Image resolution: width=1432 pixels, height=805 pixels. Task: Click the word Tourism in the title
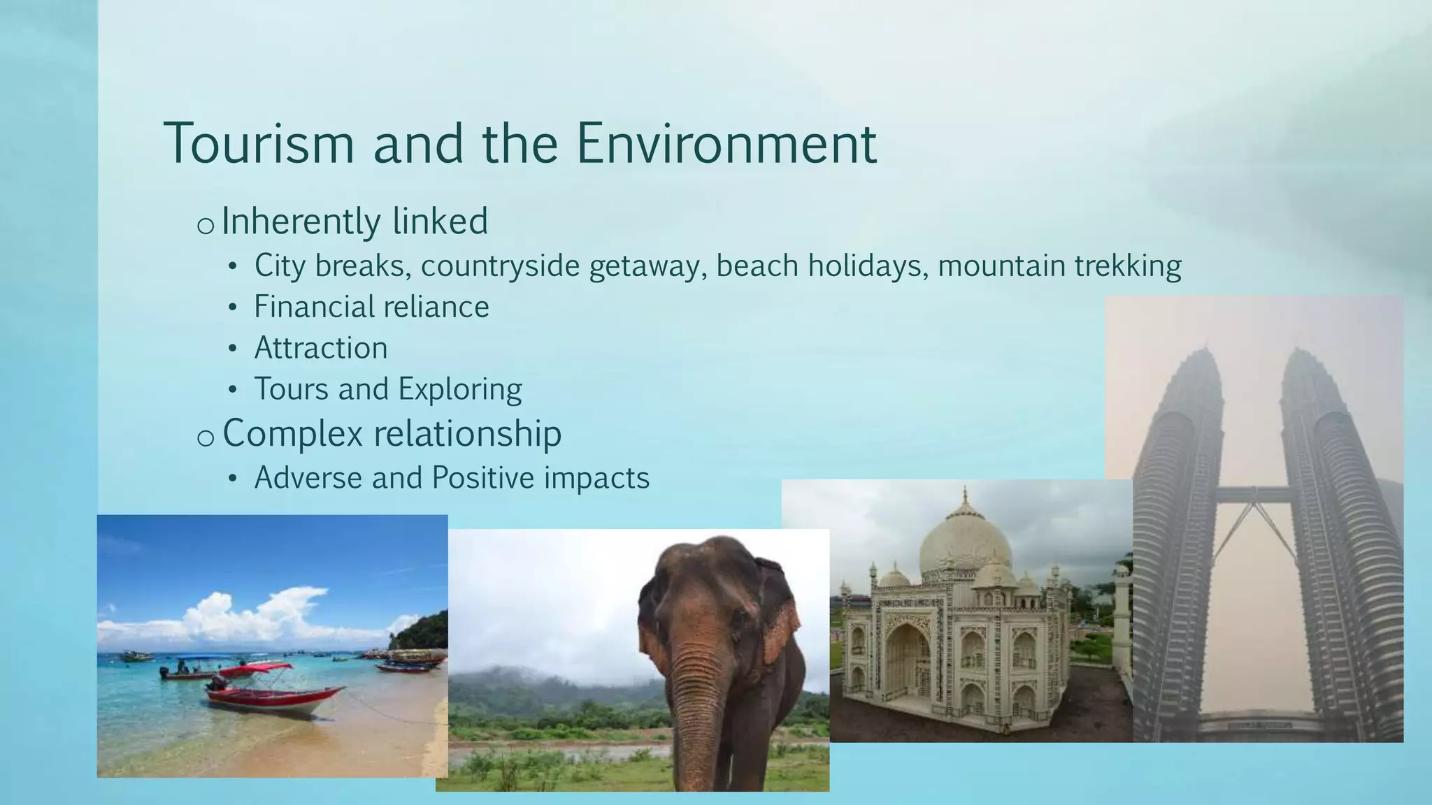click(x=259, y=143)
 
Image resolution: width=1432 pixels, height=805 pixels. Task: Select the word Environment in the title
click(x=726, y=143)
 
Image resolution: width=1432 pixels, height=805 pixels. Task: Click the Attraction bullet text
click(x=321, y=348)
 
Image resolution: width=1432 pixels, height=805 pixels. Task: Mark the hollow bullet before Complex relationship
click(x=205, y=437)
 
